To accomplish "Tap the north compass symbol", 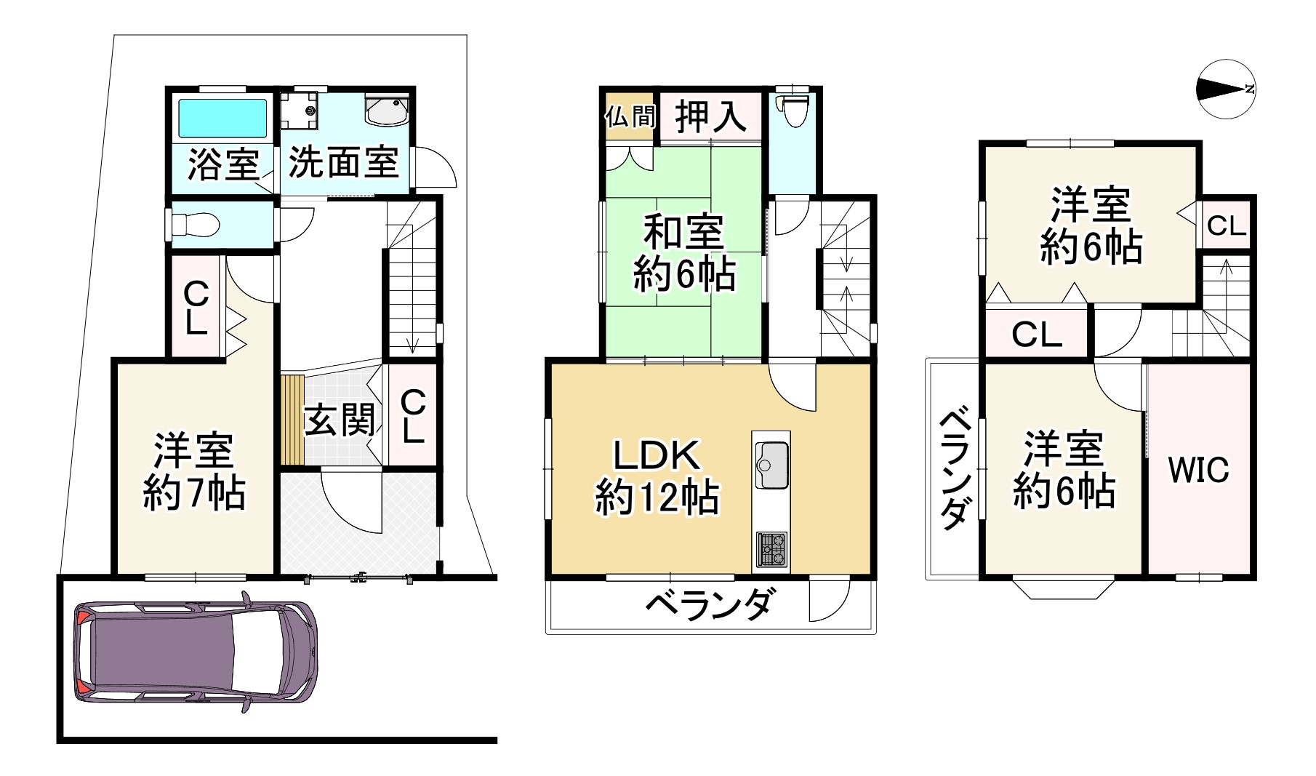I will [1226, 89].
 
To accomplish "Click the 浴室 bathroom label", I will [223, 164].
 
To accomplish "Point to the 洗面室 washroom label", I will [343, 161].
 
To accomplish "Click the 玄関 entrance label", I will [339, 420].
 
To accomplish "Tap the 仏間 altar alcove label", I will [630, 116].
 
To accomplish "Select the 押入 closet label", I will [710, 116].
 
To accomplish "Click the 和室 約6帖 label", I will [683, 254].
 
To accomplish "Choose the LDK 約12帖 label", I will [657, 477].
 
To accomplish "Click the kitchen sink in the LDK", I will [771, 465].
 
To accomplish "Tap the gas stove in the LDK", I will [771, 549].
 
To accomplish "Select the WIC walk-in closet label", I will [1198, 470].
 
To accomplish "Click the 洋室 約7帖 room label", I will [193, 471].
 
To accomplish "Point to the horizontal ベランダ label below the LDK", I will [708, 604].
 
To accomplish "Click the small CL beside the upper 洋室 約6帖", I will [1227, 226].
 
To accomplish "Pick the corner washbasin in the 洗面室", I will [388, 111].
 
